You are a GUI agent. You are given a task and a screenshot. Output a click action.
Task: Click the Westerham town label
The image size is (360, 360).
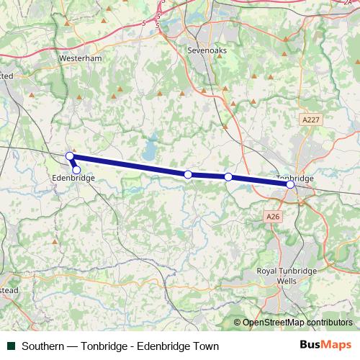(81, 58)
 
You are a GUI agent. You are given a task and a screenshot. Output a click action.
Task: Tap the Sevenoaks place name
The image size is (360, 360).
(206, 52)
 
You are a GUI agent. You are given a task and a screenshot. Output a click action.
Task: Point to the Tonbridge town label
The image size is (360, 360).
(295, 178)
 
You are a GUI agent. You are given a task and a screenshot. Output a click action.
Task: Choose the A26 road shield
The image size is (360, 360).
(272, 216)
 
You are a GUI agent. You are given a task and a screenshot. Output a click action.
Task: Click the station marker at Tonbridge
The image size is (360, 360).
(290, 184)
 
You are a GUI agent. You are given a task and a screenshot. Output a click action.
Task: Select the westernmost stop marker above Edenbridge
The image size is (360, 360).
(70, 156)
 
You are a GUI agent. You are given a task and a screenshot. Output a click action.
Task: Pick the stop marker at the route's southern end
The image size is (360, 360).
(76, 170)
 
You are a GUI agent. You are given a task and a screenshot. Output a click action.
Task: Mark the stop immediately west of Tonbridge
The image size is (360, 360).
(228, 177)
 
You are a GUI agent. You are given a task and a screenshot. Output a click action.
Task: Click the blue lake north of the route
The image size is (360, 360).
(149, 151)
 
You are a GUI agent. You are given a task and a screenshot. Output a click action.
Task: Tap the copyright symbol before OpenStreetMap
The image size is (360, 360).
(238, 322)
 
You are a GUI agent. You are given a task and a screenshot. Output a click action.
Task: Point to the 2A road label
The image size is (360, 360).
(349, 3)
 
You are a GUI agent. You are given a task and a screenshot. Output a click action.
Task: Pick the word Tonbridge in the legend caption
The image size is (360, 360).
(106, 346)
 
